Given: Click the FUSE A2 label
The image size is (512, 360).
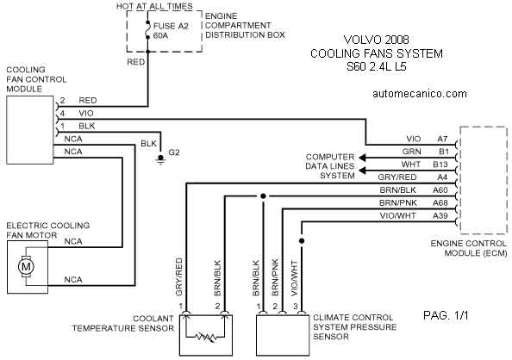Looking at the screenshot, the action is (x=171, y=26).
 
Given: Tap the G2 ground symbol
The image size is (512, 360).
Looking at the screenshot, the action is (x=160, y=159).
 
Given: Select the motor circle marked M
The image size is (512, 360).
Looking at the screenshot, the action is (x=26, y=267).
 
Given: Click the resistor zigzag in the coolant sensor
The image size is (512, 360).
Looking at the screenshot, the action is (x=206, y=337).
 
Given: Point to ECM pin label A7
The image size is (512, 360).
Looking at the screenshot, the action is (x=442, y=139).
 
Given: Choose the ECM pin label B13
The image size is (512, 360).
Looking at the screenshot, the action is (x=440, y=164).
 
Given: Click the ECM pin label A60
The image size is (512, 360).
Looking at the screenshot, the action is (x=440, y=190).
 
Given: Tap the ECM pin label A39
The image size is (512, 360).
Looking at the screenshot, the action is (x=440, y=215).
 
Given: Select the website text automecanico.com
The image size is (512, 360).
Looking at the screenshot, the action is (x=420, y=94).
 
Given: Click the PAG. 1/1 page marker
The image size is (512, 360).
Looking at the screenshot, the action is (x=446, y=315).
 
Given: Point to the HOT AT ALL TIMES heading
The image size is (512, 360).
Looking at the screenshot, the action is (x=154, y=6).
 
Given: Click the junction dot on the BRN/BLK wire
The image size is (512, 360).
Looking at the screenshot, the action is (x=263, y=196).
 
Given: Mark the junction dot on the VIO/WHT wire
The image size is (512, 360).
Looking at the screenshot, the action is (x=302, y=241).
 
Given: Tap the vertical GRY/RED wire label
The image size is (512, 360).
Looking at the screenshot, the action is (x=179, y=276).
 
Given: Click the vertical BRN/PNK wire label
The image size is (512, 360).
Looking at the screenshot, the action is (x=275, y=277).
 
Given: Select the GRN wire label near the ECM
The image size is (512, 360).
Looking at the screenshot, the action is (x=411, y=152).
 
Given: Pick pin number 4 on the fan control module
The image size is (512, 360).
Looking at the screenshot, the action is (x=62, y=114).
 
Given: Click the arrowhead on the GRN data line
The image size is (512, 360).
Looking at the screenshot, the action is (x=362, y=158).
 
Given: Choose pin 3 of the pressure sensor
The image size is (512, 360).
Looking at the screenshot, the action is (x=295, y=307).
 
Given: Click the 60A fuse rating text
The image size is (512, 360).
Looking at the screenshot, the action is (x=160, y=35).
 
